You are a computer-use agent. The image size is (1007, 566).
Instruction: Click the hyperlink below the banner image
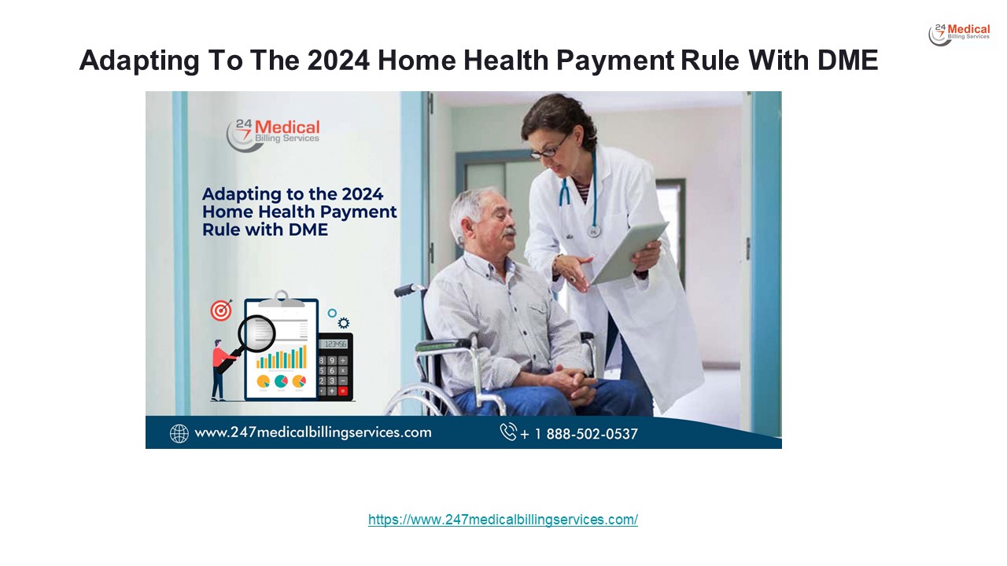tap(503, 520)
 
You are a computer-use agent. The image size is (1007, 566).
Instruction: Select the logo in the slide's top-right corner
tap(959, 35)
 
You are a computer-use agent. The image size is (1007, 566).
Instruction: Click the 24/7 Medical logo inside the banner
tap(273, 134)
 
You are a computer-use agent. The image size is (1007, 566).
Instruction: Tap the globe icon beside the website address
tap(179, 433)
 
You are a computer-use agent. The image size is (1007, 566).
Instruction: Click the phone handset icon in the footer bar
tap(508, 432)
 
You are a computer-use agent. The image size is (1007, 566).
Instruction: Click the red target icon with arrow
tap(221, 311)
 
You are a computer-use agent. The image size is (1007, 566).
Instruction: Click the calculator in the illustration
tap(335, 366)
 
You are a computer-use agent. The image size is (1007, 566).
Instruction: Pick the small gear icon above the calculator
tap(343, 322)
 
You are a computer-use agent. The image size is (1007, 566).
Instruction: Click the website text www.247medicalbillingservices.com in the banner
tap(312, 432)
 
